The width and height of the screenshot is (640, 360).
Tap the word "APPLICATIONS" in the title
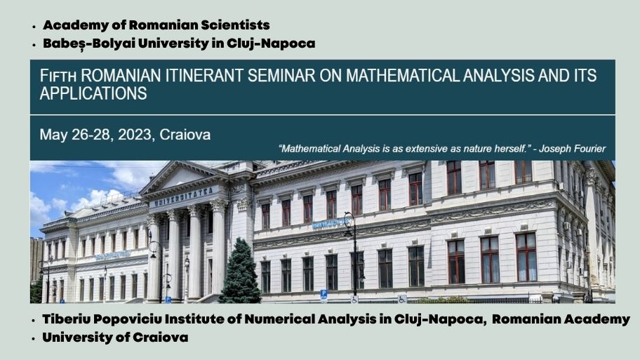(93, 94)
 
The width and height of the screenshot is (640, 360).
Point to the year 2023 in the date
(135, 135)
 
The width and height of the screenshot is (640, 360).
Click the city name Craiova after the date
(185, 135)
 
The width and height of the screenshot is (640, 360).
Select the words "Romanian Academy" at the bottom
(561, 319)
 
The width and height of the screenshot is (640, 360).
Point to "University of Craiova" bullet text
(115, 338)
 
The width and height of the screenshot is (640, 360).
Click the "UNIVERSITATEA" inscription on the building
(184, 196)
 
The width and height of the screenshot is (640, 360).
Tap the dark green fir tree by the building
(240, 273)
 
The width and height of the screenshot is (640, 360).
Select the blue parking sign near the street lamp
(324, 294)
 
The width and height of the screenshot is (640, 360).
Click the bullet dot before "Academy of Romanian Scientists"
(34, 27)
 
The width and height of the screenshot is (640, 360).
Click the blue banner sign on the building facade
(331, 223)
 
